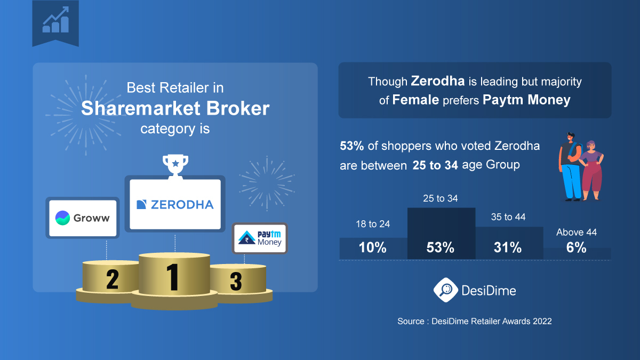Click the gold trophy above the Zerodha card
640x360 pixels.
[x=175, y=164]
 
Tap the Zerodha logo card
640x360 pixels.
[x=175, y=204]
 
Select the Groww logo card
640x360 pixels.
[x=83, y=218]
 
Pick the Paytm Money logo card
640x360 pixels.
[x=259, y=238]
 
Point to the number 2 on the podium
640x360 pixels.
[x=112, y=279]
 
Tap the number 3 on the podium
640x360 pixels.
[x=236, y=282]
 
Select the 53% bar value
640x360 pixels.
[x=441, y=247]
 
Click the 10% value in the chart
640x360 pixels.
[x=373, y=247]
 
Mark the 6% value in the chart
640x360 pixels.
[x=576, y=247]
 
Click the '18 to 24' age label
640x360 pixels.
[x=373, y=224]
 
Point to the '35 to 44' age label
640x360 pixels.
[x=508, y=217]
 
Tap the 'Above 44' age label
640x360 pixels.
[x=576, y=233]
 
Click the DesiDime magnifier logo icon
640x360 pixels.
[x=444, y=290]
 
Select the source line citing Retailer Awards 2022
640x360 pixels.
[x=474, y=322]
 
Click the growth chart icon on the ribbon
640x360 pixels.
[x=55, y=20]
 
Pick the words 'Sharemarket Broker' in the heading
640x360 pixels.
[x=175, y=108]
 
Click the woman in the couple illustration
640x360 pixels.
[x=592, y=171]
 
